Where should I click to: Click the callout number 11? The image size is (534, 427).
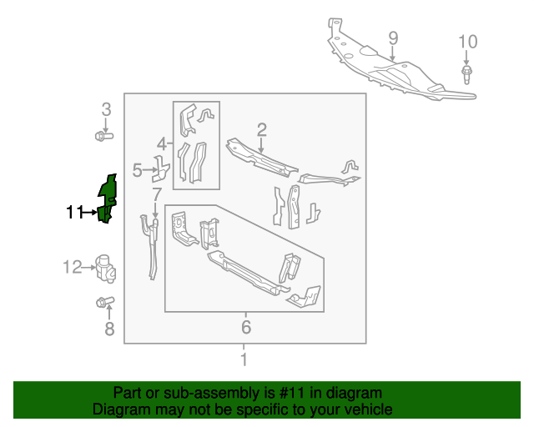[75, 213]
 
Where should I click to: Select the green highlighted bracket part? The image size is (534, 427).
[107, 198]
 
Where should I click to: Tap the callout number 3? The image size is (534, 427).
[106, 109]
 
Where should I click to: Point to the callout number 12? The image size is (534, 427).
[71, 267]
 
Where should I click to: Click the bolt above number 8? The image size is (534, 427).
[104, 302]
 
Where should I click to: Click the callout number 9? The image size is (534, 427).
[393, 38]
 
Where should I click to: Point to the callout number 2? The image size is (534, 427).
[261, 129]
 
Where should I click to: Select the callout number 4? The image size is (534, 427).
[163, 143]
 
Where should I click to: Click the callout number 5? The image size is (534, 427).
[138, 171]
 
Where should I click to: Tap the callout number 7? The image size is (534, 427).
[155, 194]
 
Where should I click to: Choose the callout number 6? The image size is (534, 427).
[245, 325]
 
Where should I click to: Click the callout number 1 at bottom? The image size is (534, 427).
[244, 359]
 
